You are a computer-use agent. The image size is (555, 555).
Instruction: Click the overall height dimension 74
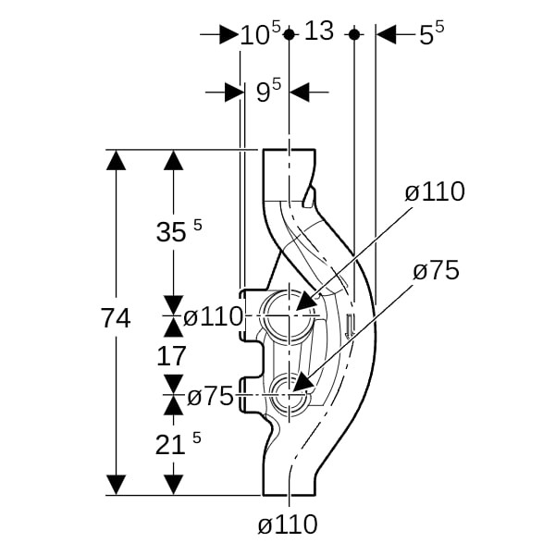point(117,318)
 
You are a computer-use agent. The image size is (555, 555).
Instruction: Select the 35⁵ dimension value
point(179,230)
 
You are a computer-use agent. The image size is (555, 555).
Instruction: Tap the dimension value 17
point(171,356)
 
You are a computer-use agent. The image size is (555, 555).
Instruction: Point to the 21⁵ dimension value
point(178,443)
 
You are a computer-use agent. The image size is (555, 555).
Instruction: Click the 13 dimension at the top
point(319,31)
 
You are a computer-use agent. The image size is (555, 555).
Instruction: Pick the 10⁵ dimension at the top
point(261,33)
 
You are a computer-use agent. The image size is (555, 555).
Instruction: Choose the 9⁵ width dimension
point(268,91)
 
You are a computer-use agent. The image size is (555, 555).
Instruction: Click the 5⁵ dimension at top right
point(431,33)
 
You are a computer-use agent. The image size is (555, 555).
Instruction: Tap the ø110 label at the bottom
point(288,524)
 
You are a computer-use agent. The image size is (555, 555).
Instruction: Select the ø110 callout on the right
point(435,191)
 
